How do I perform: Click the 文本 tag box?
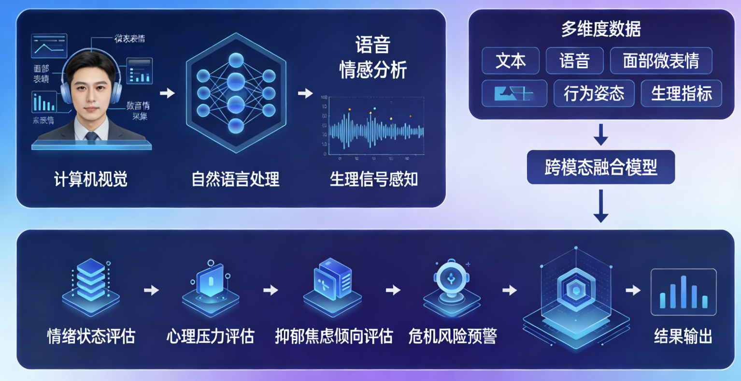(511, 61)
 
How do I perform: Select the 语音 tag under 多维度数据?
(574, 61)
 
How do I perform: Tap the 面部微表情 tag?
(661, 61)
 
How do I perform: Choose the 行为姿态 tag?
(594, 93)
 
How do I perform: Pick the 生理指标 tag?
(681, 93)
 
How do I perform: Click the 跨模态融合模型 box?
(600, 167)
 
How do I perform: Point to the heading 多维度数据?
(601, 29)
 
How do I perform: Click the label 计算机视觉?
(91, 179)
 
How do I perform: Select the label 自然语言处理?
(236, 179)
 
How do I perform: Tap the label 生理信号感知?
(373, 179)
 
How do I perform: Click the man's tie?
(91, 136)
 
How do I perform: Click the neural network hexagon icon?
(236, 93)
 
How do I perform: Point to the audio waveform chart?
(373, 128)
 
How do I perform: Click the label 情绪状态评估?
(91, 336)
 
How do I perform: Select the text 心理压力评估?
(210, 336)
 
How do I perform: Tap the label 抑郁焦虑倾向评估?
(334, 336)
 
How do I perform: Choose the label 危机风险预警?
(452, 336)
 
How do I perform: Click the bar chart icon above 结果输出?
(683, 292)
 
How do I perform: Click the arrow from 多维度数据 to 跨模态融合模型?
(600, 134)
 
